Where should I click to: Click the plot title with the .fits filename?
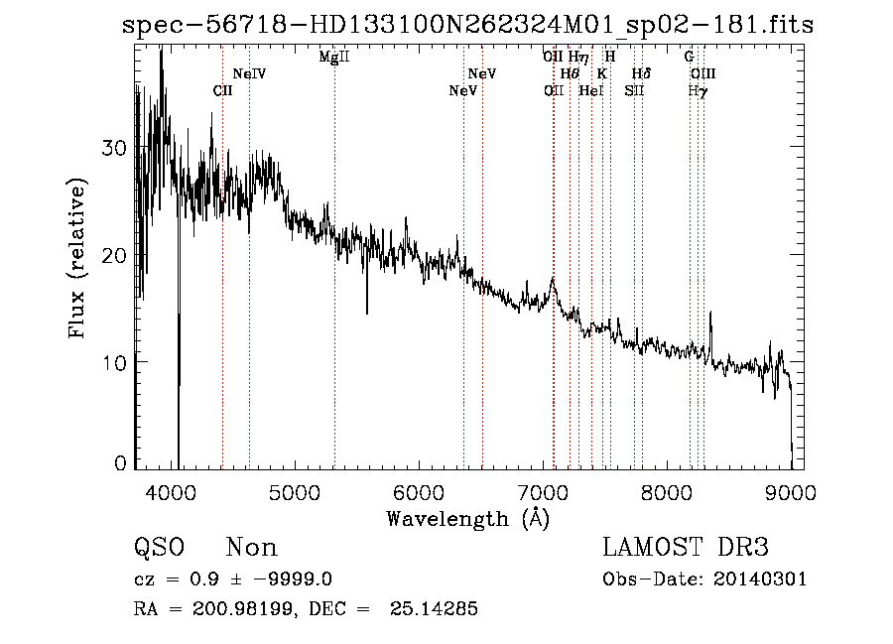point(467,25)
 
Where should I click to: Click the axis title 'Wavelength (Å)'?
point(467,518)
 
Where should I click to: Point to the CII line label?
point(223,90)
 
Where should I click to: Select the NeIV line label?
point(249,73)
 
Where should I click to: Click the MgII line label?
point(334,57)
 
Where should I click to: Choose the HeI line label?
point(590,90)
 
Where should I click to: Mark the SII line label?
point(634,90)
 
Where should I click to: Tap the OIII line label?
point(702,73)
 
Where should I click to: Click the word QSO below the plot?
point(160,547)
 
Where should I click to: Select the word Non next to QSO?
point(252,547)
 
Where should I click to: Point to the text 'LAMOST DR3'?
point(686,547)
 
